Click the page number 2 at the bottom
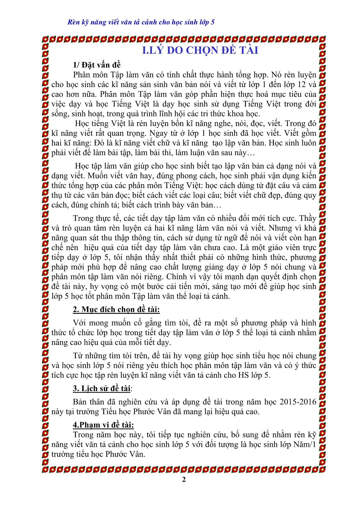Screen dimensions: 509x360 (184, 479)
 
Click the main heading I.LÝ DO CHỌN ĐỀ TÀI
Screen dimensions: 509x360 (200, 50)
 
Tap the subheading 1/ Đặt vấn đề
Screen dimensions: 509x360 (97, 65)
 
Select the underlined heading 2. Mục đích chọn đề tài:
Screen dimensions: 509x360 (116, 309)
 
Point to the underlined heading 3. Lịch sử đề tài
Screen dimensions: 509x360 (102, 388)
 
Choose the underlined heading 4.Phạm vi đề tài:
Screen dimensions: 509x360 (103, 425)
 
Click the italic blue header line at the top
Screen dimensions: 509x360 (141, 22)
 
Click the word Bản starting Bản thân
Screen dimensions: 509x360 (80, 402)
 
